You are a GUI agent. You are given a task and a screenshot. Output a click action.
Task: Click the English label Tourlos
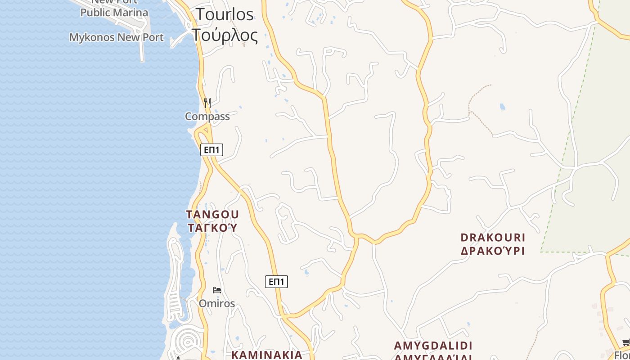pos(225,14)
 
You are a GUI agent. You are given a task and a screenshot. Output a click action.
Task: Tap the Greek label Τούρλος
pos(225,35)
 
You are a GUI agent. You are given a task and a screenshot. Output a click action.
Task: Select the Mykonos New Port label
pos(116,37)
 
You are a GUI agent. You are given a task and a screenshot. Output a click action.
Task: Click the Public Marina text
pos(114,13)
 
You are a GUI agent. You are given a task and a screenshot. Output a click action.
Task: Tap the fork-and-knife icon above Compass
pos(207,103)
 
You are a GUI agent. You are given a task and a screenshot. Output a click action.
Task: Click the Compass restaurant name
pos(207,117)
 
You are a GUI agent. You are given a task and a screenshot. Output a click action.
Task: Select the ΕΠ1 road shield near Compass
pos(211,150)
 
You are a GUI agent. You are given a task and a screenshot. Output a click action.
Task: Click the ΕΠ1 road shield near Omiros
pos(276,282)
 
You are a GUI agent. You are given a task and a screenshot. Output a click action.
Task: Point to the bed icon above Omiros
pos(217,290)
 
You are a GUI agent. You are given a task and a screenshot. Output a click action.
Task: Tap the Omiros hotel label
pos(217,304)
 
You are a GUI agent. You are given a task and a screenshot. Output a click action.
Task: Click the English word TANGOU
pos(212,214)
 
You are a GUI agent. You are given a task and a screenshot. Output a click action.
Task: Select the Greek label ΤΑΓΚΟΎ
pos(212,228)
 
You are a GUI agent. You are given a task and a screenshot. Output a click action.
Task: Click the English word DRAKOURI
pos(493,237)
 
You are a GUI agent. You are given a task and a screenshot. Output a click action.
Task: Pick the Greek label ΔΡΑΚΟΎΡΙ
pos(493,251)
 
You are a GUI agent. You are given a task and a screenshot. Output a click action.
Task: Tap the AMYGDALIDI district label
pos(433,346)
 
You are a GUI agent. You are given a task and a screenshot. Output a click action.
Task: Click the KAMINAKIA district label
pos(267,355)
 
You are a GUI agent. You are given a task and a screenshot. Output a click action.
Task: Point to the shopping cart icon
pos(625,342)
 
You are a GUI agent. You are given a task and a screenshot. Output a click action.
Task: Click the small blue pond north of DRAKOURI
pos(502,107)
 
